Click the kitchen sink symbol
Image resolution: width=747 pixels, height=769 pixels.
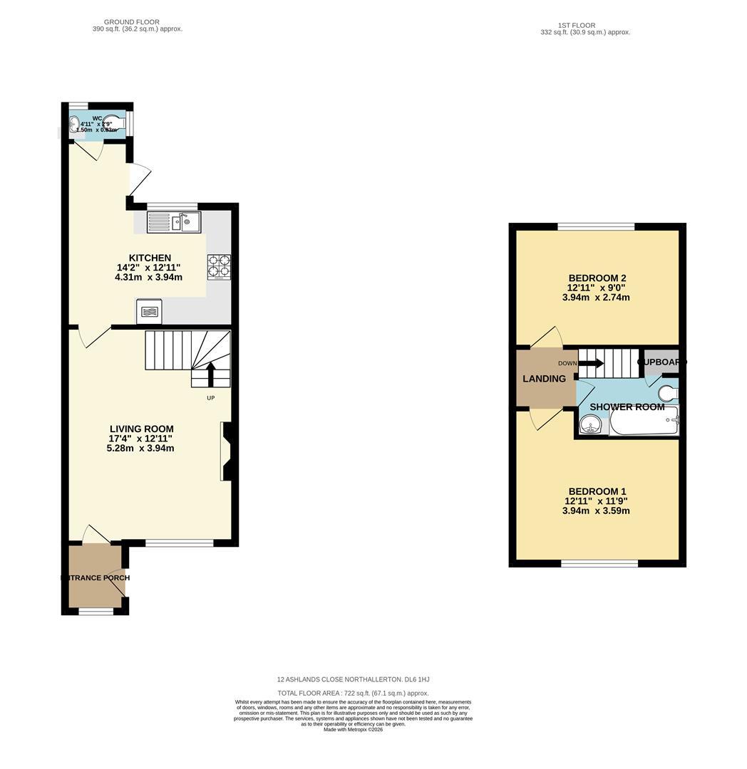coord(174,222)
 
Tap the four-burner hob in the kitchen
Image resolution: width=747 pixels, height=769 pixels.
coord(219,267)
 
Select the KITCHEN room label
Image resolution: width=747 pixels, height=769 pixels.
coord(149,258)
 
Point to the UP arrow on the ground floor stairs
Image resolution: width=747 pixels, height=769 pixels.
coord(210,373)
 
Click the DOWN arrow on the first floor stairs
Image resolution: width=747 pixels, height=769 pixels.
coord(591,364)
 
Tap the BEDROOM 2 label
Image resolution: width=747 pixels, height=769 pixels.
coord(597,278)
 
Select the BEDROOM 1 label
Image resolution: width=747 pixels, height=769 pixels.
coord(597,491)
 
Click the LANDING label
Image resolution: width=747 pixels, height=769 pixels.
coord(544,379)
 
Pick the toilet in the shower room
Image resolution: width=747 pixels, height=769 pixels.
coord(668,394)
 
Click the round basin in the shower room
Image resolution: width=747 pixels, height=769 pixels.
coord(590,424)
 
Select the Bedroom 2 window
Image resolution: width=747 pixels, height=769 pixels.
coord(596,226)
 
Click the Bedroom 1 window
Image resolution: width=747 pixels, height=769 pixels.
coord(599,564)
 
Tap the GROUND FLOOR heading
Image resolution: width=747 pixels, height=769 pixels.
coord(131,22)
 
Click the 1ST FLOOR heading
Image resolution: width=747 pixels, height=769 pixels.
coord(577,25)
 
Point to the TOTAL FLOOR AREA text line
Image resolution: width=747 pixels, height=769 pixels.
coord(353,693)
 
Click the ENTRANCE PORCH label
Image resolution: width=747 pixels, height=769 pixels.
coord(96,577)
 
